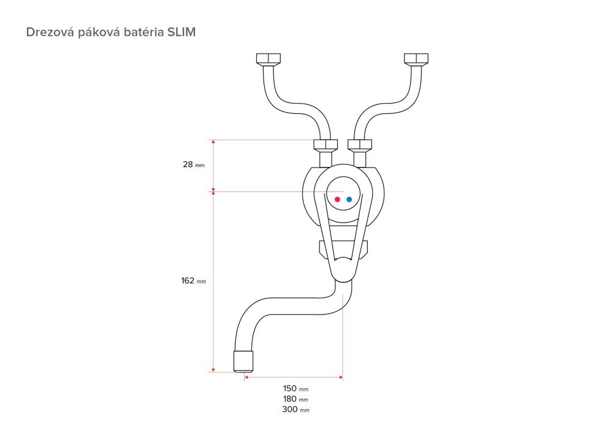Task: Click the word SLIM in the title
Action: (x=181, y=32)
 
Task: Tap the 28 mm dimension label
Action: (x=193, y=165)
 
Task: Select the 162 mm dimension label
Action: (x=193, y=280)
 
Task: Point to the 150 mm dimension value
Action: (x=296, y=388)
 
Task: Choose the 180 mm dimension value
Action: (x=296, y=399)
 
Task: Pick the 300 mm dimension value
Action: (x=296, y=409)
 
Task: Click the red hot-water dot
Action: (x=337, y=199)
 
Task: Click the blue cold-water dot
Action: (x=349, y=199)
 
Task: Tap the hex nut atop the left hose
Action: (x=268, y=59)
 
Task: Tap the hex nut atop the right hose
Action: (x=416, y=59)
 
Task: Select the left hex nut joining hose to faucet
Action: (x=326, y=145)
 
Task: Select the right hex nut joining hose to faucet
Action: (x=360, y=145)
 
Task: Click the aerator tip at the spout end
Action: (x=243, y=362)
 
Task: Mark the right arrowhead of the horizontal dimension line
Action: (x=341, y=377)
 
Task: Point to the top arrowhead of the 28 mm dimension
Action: (x=213, y=142)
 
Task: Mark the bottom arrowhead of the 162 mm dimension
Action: (x=213, y=369)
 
